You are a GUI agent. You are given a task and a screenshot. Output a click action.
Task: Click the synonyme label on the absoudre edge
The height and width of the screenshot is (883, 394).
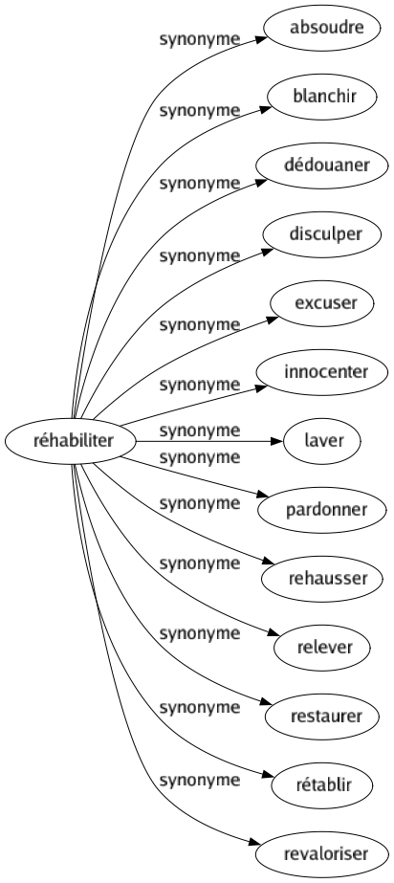199,42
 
